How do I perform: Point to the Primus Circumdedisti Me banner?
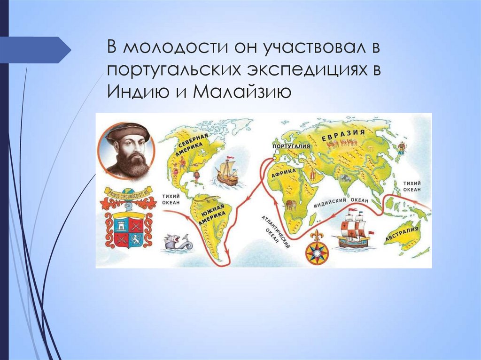click(x=128, y=192)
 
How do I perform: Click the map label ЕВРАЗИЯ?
click(x=343, y=134)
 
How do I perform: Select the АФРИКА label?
click(x=284, y=174)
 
